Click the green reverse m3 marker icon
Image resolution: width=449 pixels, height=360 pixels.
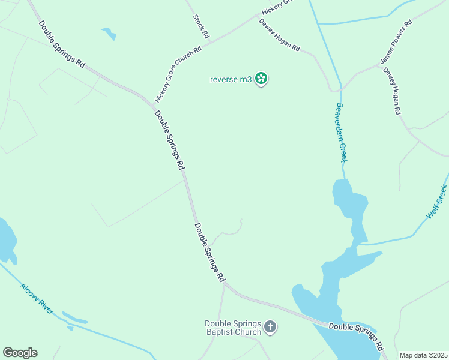[261, 79]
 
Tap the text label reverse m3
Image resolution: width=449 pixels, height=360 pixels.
[231, 79]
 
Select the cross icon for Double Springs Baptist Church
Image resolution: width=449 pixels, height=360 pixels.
[270, 327]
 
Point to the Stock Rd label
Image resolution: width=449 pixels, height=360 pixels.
[200, 26]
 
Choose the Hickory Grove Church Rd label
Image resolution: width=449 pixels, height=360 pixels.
[178, 73]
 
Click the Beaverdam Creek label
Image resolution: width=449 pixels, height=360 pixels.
[341, 133]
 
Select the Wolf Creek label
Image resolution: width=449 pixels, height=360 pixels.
[437, 202]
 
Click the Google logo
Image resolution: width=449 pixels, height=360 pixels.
[20, 353]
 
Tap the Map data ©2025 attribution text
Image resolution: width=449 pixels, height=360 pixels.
[424, 355]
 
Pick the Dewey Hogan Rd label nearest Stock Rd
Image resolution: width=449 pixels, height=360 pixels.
[279, 35]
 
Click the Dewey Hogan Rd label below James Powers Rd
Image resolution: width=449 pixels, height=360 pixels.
[391, 91]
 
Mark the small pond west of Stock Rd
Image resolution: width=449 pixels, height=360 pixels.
[109, 33]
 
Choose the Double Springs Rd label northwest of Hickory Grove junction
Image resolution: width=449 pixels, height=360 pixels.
[62, 44]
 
